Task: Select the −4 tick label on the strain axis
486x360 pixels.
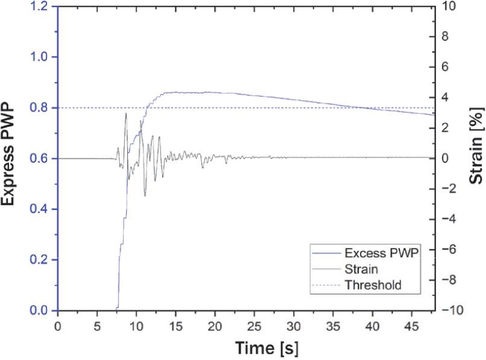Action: click(x=453, y=219)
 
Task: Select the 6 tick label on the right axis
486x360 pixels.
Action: click(x=450, y=67)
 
